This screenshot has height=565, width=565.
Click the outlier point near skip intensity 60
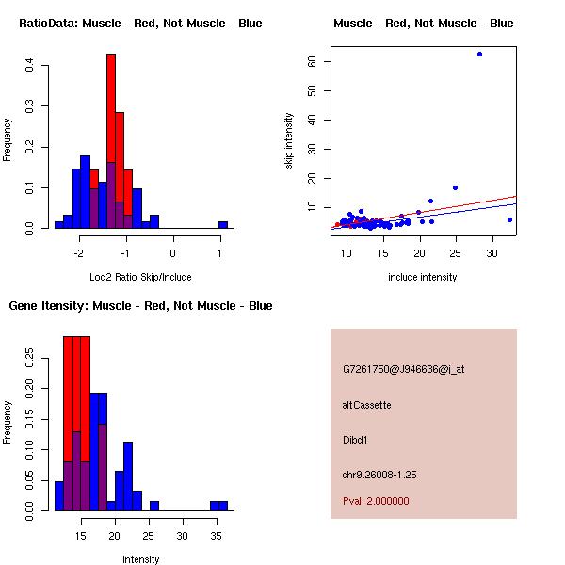pos(479,54)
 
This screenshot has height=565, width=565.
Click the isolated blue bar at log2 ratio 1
pos(223,225)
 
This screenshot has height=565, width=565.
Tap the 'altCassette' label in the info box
pos(366,405)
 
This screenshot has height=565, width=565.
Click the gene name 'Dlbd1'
pos(356,440)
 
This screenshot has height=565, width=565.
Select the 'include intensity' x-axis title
pos(422,277)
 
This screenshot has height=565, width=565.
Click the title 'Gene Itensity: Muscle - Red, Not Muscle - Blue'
pos(140,306)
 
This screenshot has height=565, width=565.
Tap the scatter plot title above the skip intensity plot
pos(423,24)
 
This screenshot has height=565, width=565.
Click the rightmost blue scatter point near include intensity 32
pos(509,219)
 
